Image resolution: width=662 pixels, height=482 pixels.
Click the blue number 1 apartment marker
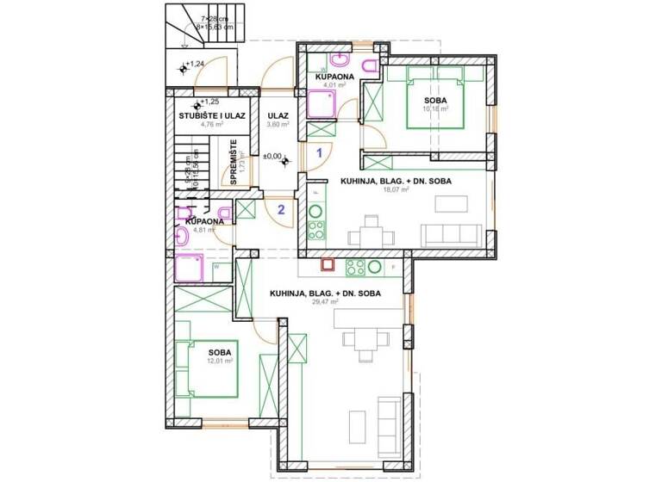point(319,152)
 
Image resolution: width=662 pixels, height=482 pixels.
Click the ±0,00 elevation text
point(272,156)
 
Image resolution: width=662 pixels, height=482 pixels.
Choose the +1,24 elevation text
point(196,64)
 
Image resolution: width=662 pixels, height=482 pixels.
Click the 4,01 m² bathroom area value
point(334,85)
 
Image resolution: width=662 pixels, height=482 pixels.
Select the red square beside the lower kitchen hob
point(328,267)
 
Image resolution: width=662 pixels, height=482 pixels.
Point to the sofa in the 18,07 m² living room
point(449,232)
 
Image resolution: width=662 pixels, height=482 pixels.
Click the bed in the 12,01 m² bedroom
point(207,368)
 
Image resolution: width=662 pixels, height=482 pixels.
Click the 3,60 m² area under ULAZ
point(278,125)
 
